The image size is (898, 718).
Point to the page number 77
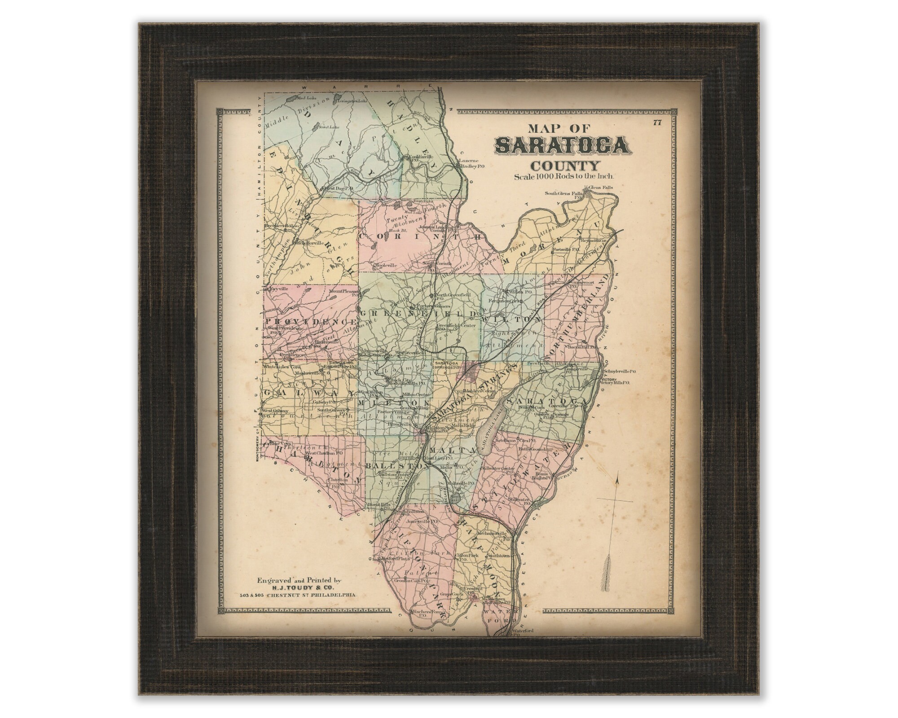pos(657,124)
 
